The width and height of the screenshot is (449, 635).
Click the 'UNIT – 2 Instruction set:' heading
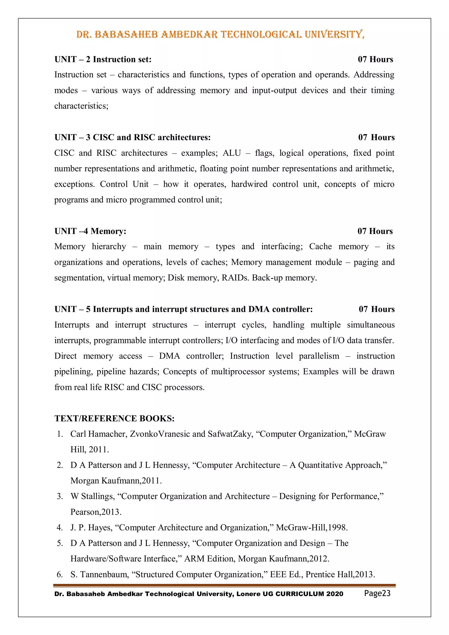(x=103, y=59)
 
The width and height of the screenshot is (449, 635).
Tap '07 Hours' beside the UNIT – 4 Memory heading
(x=375, y=231)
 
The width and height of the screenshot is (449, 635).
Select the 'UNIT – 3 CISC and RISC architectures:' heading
(x=132, y=137)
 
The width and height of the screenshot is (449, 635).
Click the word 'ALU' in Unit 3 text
(x=232, y=153)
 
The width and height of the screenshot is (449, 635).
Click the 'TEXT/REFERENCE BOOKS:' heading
(x=114, y=418)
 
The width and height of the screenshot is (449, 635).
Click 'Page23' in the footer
(x=377, y=593)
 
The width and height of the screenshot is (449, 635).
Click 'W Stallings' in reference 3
(x=92, y=496)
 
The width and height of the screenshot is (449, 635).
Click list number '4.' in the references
(x=60, y=528)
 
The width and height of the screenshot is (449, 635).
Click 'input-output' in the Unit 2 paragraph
(x=274, y=90)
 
